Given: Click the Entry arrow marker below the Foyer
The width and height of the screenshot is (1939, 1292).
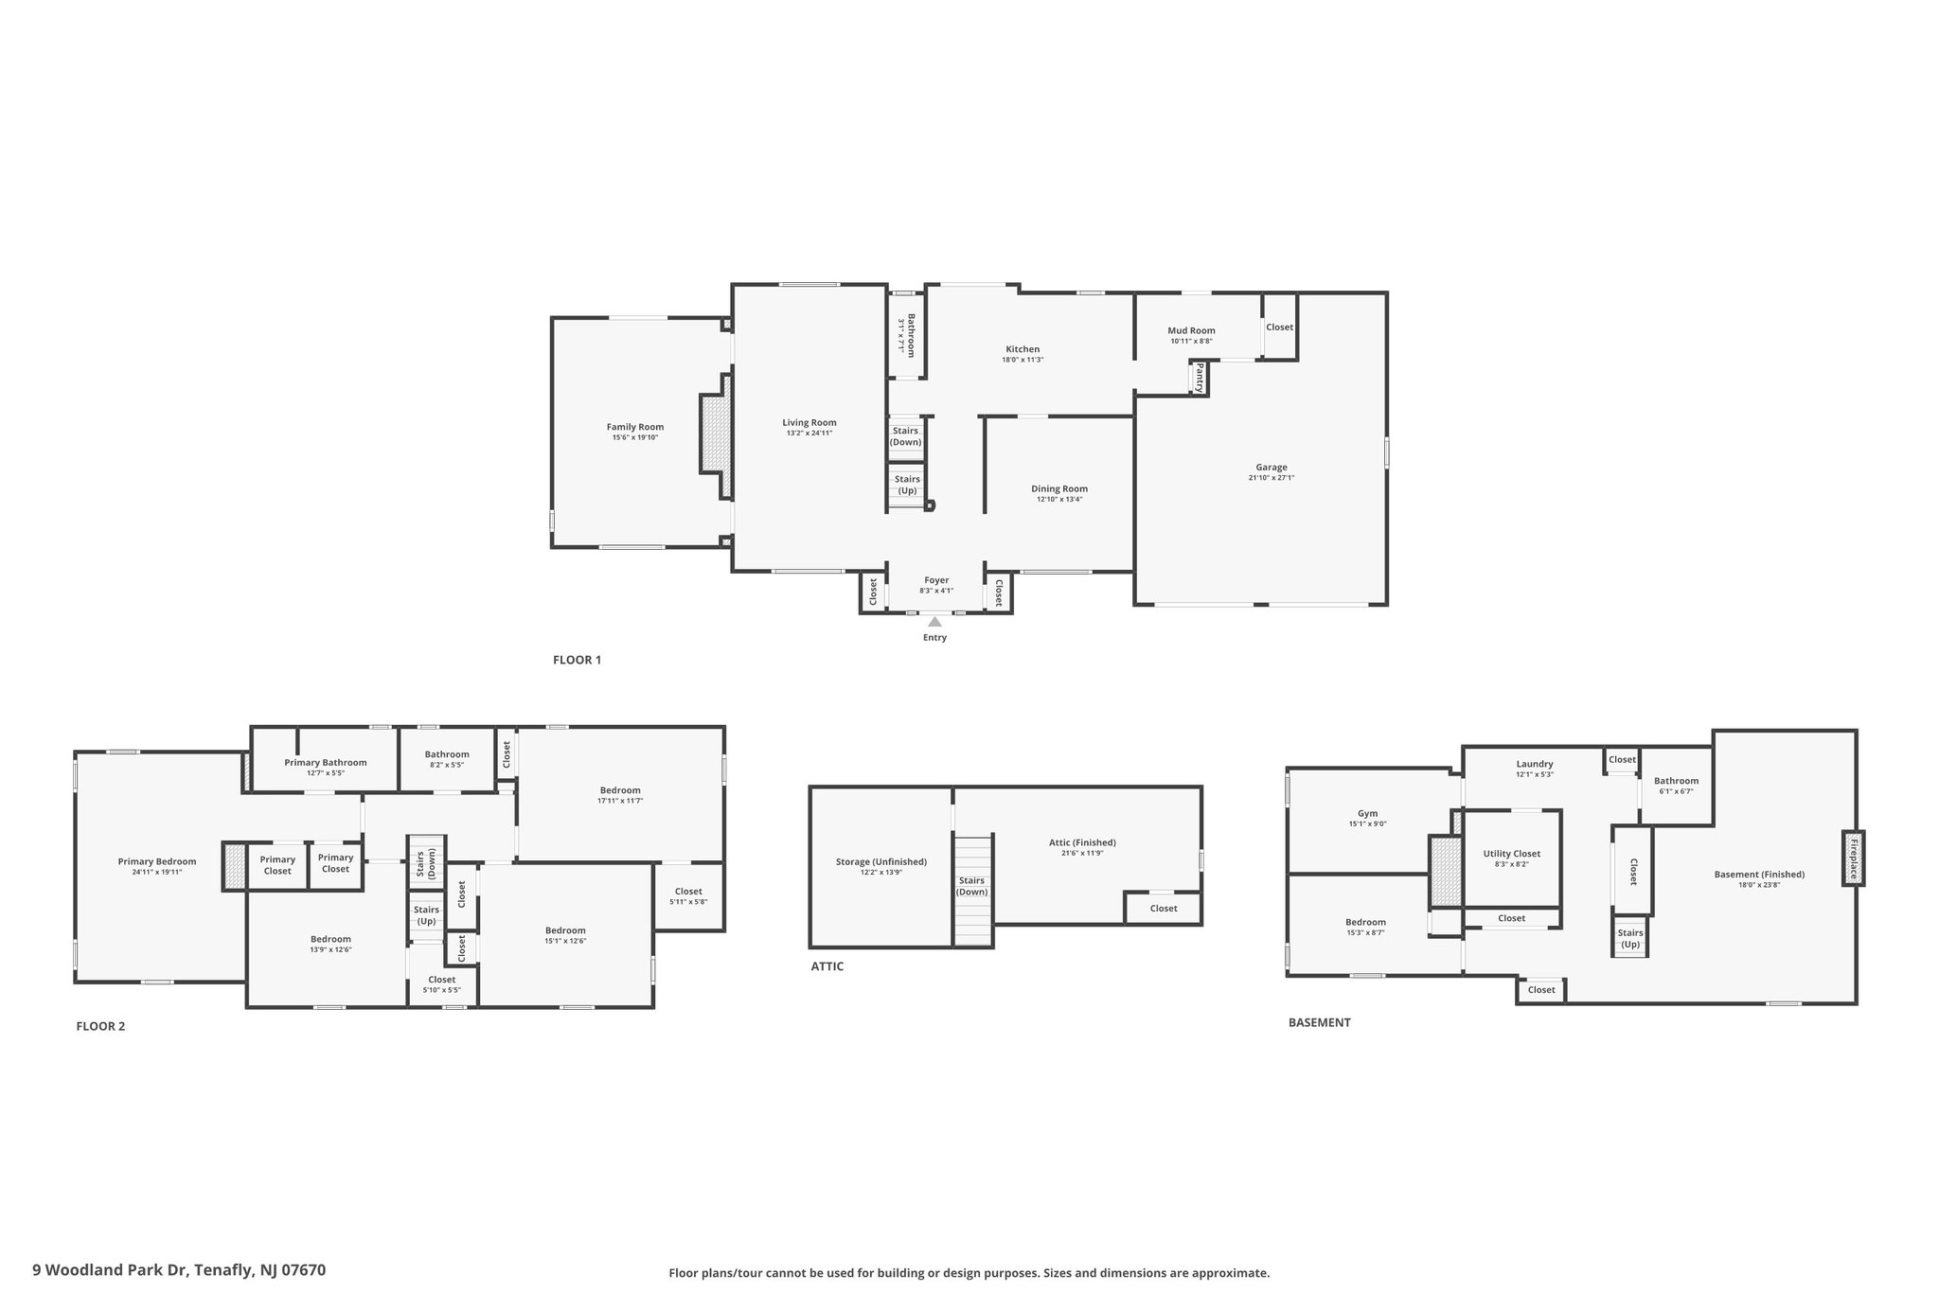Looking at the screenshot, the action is (934, 622).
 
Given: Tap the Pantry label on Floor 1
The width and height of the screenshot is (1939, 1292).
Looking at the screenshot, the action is (1200, 379).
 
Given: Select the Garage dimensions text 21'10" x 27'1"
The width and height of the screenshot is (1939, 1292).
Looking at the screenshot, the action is (1271, 478).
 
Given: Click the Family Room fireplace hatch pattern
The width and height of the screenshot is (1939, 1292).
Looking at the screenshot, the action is (717, 434).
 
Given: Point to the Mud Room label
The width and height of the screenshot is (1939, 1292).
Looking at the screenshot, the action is (1191, 330).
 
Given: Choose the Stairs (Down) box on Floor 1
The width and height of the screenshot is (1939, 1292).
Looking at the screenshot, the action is (905, 437).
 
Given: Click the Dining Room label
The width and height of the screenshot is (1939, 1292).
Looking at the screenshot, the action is (1059, 488).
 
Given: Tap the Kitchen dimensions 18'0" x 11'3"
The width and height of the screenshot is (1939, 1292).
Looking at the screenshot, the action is (1023, 360).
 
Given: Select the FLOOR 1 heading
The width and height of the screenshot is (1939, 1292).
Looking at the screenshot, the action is (577, 660).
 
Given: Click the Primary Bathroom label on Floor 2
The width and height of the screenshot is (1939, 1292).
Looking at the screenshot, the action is (325, 762).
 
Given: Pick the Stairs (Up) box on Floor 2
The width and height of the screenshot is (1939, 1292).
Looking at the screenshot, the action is (426, 916).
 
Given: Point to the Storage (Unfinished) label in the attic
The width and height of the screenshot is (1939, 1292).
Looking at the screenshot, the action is (881, 861).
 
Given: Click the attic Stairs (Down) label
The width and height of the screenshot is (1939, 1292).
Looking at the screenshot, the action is (971, 887).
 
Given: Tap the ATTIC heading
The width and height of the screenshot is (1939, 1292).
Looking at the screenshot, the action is (827, 966).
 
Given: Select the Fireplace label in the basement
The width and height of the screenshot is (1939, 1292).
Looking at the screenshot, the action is (1853, 858).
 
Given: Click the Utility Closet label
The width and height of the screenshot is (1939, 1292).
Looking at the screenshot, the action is (1511, 854).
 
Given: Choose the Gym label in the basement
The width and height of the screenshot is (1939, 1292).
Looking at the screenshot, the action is (1367, 813).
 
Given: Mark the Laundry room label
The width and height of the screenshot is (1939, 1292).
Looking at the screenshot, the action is (1534, 764).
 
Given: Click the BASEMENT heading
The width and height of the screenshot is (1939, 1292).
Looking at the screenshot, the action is (1319, 1022).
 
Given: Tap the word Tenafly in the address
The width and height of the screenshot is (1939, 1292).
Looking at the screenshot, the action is (224, 1270).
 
